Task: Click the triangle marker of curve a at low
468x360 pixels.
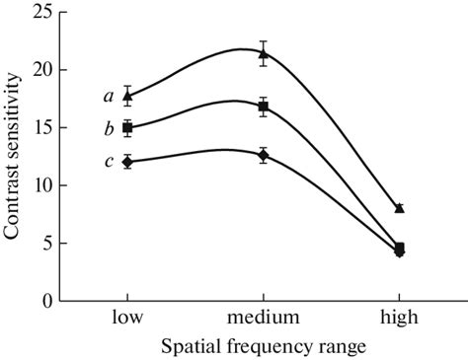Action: (127, 96)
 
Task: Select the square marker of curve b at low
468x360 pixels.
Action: (127, 127)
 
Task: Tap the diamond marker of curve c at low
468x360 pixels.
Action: (127, 161)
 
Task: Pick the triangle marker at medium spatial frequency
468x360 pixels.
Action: (263, 54)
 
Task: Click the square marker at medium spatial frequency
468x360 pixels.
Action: (263, 107)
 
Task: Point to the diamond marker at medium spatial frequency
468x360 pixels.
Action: (263, 155)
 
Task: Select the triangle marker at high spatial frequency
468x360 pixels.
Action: (399, 208)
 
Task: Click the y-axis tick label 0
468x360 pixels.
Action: (45, 300)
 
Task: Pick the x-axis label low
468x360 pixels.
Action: (127, 319)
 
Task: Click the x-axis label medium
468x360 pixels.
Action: (263, 319)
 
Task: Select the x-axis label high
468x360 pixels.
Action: (399, 319)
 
